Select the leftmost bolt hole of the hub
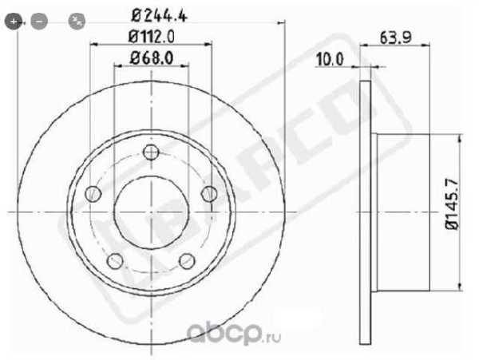coord(93,193)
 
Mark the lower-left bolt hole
coord(115,260)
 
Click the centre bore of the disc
coord(152,212)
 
